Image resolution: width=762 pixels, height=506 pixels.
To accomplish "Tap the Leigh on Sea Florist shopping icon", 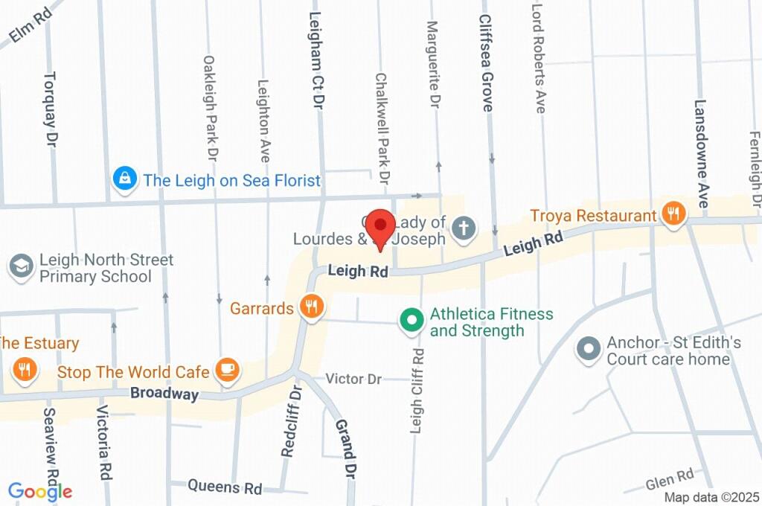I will pyautogui.click(x=124, y=179).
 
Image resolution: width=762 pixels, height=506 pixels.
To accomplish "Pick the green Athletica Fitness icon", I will pyautogui.click(x=409, y=321).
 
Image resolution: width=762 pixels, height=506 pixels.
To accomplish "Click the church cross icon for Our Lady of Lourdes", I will pyautogui.click(x=464, y=228).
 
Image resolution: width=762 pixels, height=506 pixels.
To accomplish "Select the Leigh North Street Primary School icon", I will pyautogui.click(x=21, y=266).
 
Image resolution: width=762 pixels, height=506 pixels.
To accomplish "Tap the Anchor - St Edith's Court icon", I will pyautogui.click(x=589, y=349).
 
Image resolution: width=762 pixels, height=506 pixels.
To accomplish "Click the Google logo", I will pyautogui.click(x=40, y=491).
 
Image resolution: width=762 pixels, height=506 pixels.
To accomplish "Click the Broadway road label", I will pyautogui.click(x=164, y=394).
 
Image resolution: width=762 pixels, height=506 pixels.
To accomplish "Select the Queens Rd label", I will pyautogui.click(x=225, y=487).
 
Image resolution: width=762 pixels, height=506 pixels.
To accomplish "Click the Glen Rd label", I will pyautogui.click(x=669, y=476).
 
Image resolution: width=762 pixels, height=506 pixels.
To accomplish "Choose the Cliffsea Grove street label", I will pyautogui.click(x=486, y=63).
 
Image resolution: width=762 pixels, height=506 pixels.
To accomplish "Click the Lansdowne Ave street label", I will pyautogui.click(x=701, y=154).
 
